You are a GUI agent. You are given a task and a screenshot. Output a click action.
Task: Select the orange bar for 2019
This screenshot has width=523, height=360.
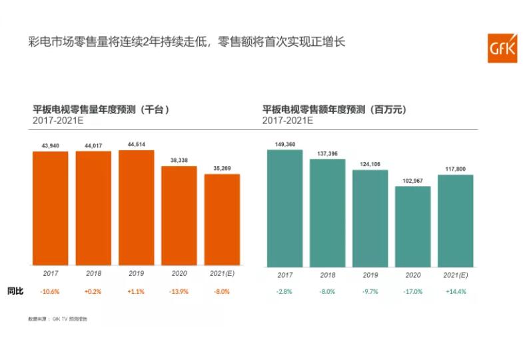[137, 207]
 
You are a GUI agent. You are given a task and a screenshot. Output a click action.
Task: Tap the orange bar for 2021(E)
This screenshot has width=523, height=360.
[222, 219]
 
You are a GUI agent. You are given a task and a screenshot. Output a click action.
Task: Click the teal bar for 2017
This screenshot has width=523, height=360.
[284, 207]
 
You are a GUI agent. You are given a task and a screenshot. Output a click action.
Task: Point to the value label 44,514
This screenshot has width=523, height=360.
[137, 145]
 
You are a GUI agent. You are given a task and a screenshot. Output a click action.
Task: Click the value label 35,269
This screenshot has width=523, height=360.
[222, 169]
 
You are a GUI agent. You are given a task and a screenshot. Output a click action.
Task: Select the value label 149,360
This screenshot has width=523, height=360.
[284, 144]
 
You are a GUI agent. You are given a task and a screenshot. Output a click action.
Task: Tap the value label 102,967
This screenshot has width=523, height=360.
[412, 181]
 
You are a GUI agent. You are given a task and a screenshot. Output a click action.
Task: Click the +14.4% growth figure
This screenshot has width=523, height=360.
[455, 291]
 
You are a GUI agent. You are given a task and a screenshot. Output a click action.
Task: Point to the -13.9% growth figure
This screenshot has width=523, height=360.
[179, 291]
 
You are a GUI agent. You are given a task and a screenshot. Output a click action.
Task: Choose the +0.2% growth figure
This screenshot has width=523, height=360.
[93, 291]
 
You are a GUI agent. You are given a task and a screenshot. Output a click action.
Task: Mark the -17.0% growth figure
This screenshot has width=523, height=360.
[412, 291]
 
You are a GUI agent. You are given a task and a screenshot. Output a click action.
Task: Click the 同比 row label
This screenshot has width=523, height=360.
[15, 291]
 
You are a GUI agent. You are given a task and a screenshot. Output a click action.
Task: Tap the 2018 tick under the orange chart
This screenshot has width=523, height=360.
[93, 273]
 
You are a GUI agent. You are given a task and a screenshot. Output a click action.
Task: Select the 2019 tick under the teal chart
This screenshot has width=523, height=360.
[370, 274]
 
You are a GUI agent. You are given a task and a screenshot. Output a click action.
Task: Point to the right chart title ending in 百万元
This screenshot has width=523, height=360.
[334, 109]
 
